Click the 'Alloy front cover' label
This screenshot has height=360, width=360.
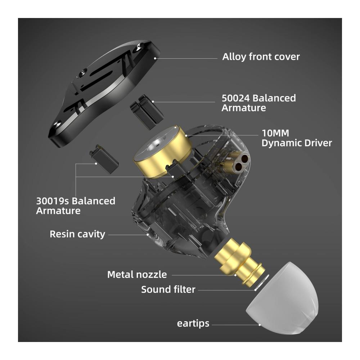pos(261,57)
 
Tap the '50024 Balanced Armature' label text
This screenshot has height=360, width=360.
pos(259,103)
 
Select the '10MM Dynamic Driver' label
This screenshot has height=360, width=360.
pos(297,138)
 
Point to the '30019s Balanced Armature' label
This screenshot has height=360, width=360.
pos(76,206)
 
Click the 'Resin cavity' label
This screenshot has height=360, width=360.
pos(77,234)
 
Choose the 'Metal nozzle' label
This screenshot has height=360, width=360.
pos(137,275)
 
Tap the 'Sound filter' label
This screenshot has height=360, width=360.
pos(168,289)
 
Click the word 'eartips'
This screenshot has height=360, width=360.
pos(193,324)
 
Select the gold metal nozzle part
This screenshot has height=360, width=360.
pos(239,262)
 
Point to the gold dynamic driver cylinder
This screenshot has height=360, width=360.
pos(163,152)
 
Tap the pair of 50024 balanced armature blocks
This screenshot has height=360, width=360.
pos(147,112)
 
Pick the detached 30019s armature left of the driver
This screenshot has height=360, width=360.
pos(104,159)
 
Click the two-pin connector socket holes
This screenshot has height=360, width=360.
pos(241,162)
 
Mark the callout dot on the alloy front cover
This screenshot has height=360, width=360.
pos(155,58)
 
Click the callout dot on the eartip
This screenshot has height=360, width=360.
pos(260,325)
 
